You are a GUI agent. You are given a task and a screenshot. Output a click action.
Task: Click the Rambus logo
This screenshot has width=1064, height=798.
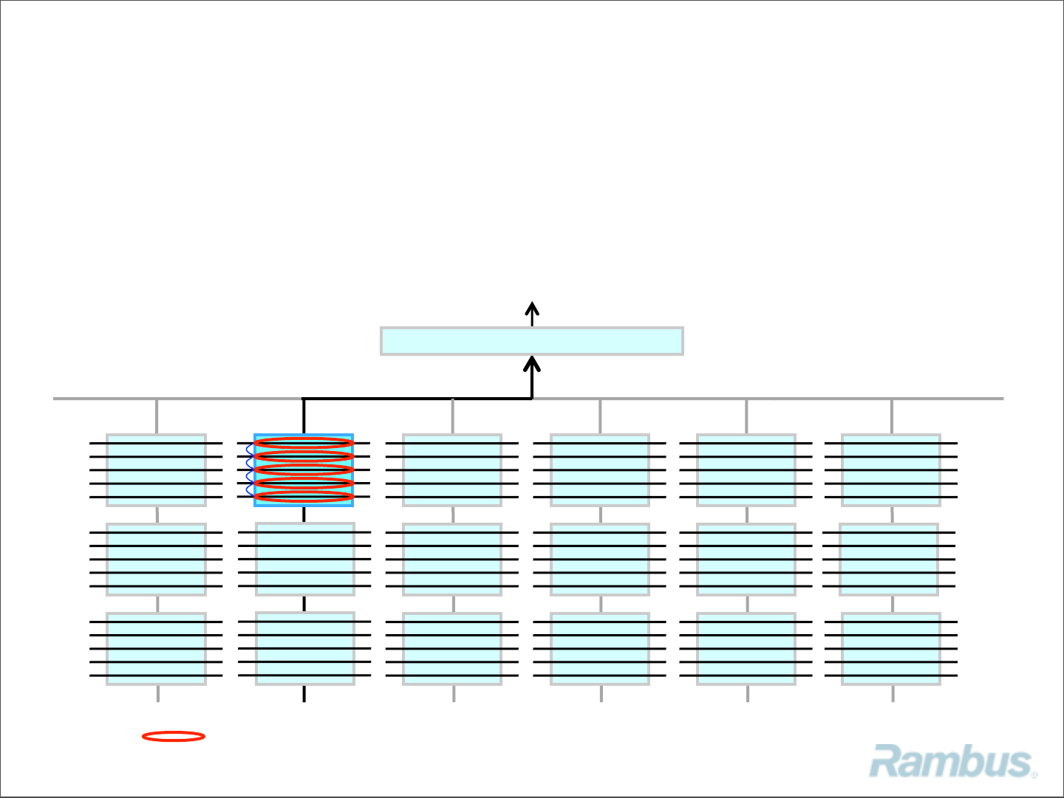(x=952, y=762)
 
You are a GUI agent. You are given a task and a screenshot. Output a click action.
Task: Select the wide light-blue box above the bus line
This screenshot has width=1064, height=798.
(x=531, y=341)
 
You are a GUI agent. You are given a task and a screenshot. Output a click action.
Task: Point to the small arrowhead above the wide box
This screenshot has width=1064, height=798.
(x=532, y=308)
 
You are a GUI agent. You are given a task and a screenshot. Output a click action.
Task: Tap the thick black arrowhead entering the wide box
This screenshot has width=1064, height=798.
(x=532, y=364)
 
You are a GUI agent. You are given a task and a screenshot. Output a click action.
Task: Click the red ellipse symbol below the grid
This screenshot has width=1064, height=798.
(x=174, y=736)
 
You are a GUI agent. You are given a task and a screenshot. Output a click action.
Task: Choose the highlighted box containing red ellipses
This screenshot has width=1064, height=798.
(x=304, y=470)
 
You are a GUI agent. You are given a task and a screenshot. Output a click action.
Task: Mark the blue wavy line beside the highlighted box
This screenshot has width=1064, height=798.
(x=250, y=469)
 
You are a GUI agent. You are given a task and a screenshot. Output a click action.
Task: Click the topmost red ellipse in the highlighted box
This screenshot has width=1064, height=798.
(x=304, y=444)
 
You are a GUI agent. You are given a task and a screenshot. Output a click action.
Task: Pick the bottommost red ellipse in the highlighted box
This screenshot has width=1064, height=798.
(x=304, y=497)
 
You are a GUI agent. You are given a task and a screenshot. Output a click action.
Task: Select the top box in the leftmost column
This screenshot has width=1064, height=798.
(x=156, y=470)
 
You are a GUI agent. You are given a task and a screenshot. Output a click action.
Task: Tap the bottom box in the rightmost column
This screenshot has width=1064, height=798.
(x=891, y=649)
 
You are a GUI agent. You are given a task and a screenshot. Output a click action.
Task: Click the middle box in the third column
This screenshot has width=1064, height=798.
(x=452, y=560)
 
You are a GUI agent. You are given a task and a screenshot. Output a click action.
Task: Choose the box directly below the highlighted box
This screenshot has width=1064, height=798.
(x=304, y=559)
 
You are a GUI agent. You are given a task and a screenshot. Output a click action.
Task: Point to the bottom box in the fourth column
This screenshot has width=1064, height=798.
(x=600, y=649)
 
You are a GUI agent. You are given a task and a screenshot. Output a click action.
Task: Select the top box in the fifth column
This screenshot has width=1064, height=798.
(x=746, y=470)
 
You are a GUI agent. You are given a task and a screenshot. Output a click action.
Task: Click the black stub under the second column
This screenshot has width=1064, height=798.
(x=304, y=694)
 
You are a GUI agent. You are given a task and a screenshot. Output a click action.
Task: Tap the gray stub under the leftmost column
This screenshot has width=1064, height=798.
(x=157, y=694)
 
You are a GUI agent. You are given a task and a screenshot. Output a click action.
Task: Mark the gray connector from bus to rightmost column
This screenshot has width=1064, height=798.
(x=892, y=416)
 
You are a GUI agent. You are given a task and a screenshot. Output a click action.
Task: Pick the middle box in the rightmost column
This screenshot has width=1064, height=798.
(x=889, y=560)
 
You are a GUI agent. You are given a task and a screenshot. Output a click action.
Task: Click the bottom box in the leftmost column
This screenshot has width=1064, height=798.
(x=156, y=649)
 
